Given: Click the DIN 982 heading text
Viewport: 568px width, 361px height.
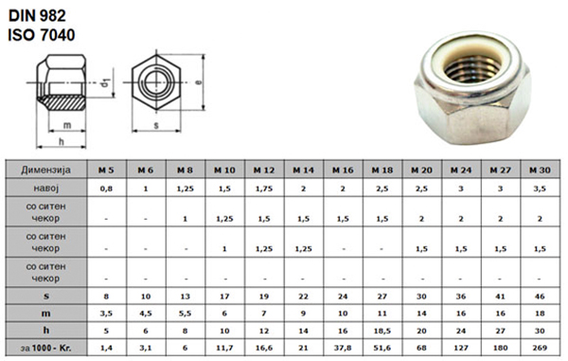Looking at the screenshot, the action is pos(37,15).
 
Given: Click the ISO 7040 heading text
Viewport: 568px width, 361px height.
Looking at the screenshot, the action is pos(42,35).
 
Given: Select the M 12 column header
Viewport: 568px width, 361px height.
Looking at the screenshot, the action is pos(264,170).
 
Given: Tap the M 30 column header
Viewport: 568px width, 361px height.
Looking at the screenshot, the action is pos(540,170).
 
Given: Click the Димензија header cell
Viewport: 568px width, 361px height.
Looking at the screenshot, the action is pos(46,170).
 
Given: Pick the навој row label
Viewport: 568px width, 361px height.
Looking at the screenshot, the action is pos(46,189).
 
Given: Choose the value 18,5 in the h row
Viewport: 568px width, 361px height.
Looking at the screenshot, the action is pos(382,331).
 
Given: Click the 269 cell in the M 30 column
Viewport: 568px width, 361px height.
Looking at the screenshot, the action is pos(540,348).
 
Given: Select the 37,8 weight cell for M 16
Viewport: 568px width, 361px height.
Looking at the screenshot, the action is pos(343,348).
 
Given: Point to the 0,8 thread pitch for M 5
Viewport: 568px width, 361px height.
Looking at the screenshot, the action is pos(106,189).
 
